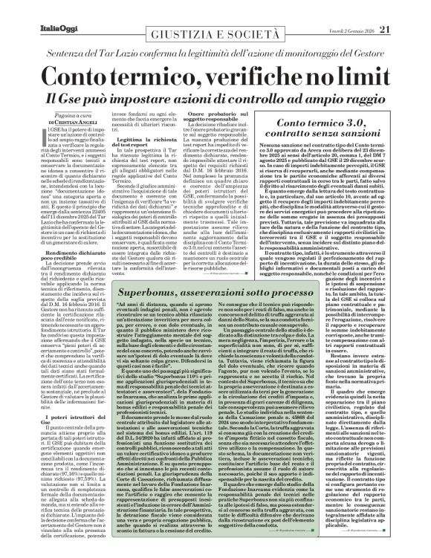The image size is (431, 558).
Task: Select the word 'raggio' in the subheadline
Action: coord(369,99)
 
